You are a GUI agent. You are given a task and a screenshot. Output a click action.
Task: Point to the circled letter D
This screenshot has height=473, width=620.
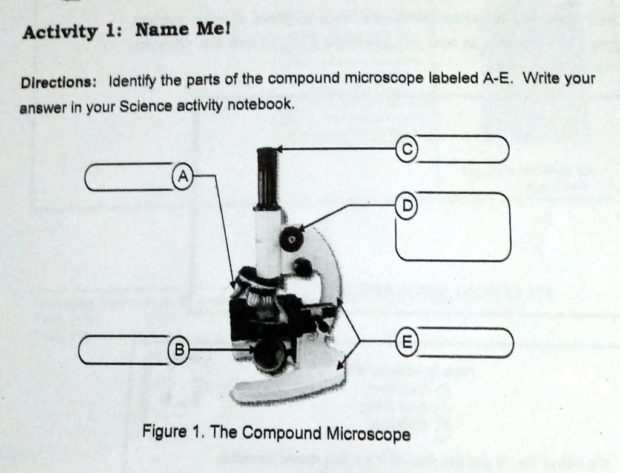point(407,205)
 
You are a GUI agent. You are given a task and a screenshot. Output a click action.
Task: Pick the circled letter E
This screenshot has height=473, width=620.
point(407,342)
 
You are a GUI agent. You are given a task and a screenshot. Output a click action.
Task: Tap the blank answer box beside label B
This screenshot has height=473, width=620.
point(124,350)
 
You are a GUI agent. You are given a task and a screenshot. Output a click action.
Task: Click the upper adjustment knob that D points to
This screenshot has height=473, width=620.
point(292,239)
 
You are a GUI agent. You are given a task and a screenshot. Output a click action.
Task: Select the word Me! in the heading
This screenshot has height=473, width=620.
point(206,29)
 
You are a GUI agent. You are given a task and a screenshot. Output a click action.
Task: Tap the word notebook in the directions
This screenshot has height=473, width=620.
point(265,105)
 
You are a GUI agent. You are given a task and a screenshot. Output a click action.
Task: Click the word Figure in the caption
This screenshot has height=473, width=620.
point(164,432)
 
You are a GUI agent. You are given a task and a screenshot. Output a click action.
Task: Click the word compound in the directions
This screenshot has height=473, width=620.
point(305,79)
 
